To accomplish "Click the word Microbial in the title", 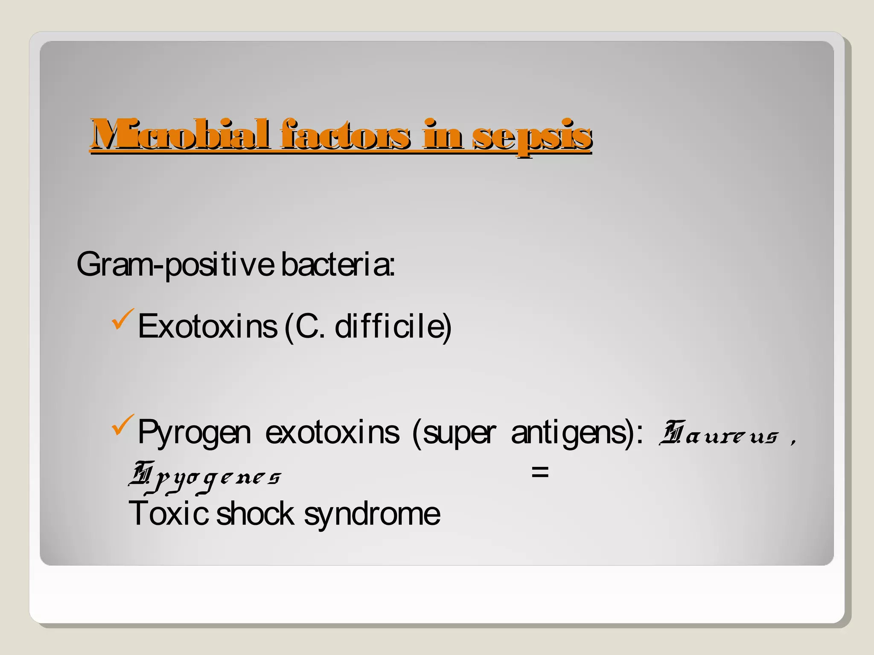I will (x=179, y=135).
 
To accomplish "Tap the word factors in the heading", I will (x=346, y=135).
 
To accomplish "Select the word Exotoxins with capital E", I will (x=207, y=327).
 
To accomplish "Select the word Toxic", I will (x=168, y=513).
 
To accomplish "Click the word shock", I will (x=255, y=513).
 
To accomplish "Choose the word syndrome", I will (x=372, y=514).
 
